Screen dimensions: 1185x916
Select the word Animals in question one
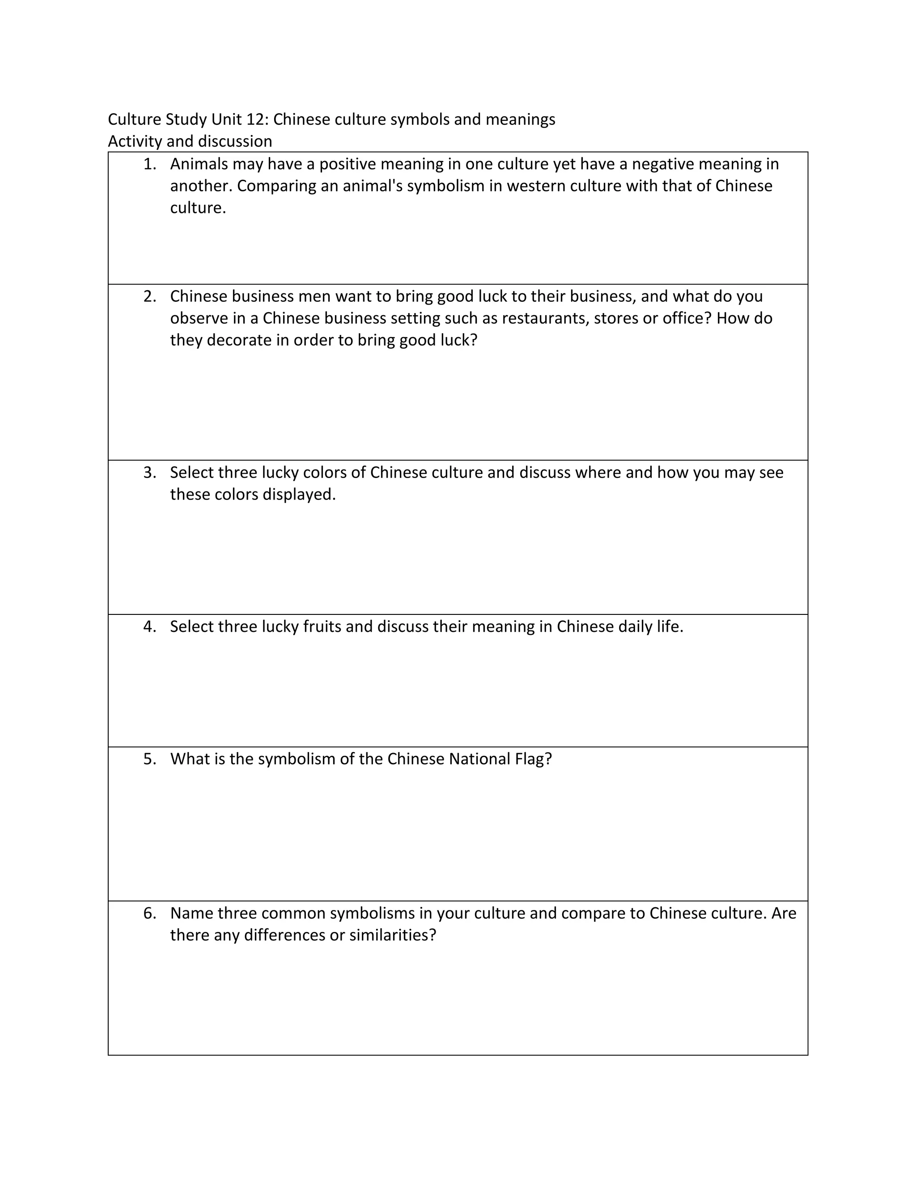[x=199, y=164]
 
